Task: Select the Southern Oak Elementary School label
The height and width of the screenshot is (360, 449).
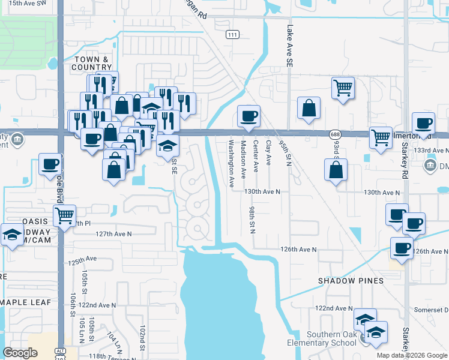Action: tap(332, 338)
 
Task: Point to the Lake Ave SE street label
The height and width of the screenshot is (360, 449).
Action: tap(290, 45)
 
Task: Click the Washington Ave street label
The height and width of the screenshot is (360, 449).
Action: tap(231, 164)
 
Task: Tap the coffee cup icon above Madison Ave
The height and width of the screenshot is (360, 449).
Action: tap(248, 116)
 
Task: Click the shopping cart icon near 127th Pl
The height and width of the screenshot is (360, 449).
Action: tap(64, 215)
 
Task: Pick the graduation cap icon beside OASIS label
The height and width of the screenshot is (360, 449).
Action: tap(12, 234)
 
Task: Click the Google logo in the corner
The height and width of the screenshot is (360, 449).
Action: tap(20, 353)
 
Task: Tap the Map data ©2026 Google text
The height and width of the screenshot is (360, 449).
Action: tap(412, 355)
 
